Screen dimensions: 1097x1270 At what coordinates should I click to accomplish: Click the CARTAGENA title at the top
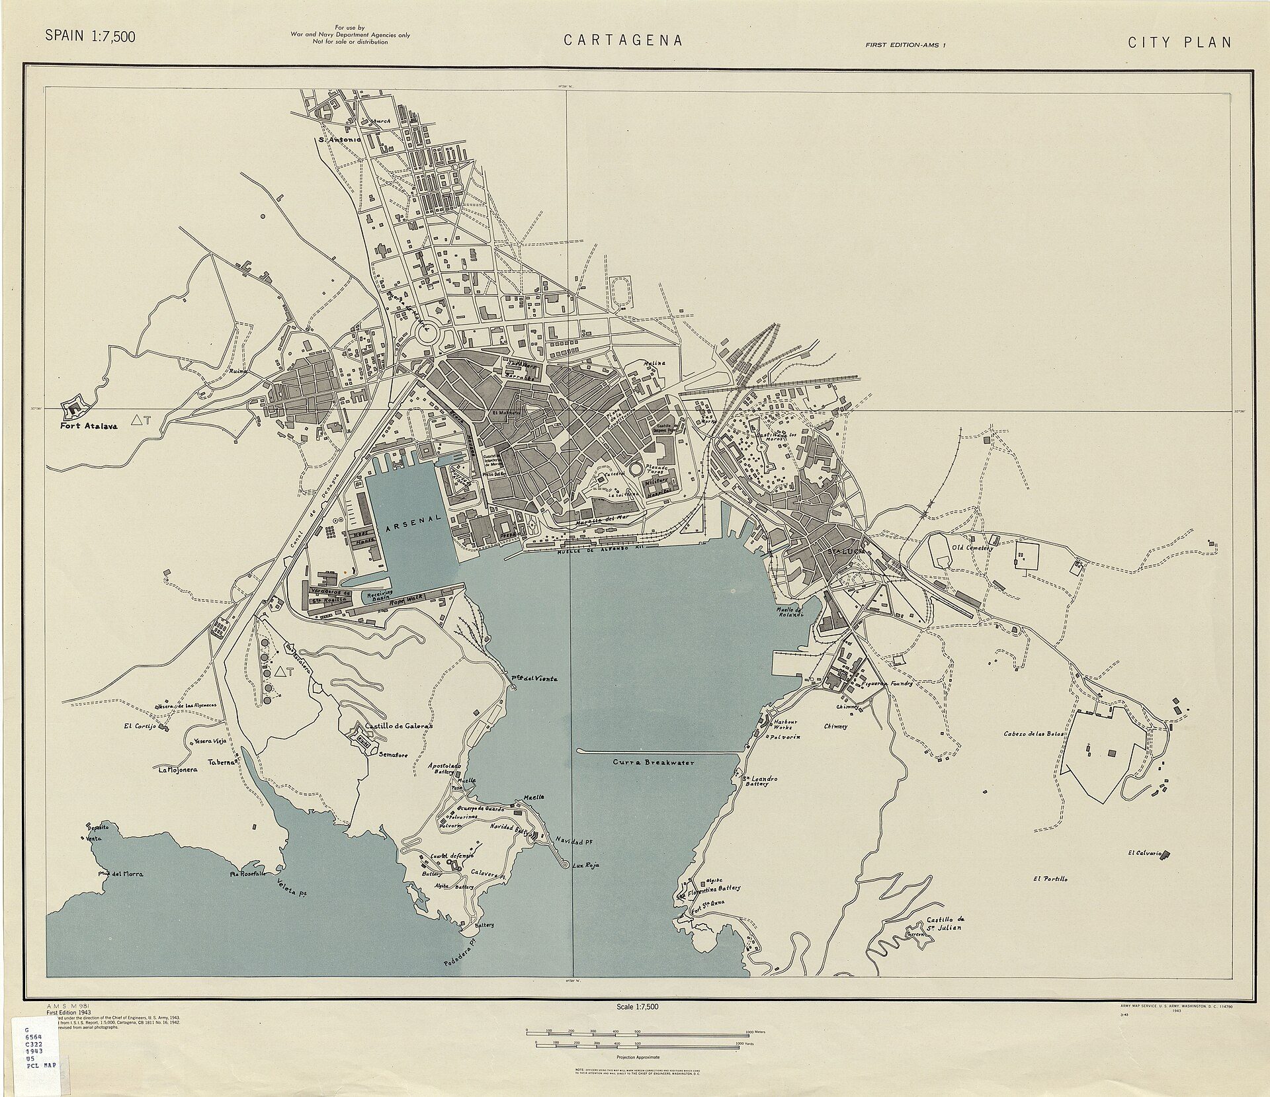622,41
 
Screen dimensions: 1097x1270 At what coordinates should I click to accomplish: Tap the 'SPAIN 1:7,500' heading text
90,36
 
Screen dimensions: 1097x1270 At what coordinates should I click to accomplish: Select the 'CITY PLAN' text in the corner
1179,42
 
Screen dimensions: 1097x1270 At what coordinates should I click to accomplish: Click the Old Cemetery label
972,548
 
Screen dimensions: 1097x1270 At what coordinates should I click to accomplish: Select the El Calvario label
1145,853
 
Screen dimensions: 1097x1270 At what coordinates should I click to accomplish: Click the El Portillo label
1050,879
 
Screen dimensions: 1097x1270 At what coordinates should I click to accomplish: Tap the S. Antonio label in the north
339,140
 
